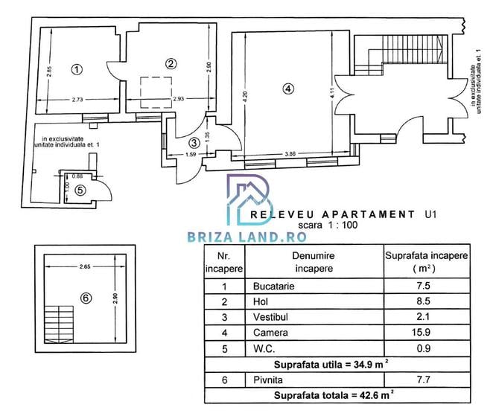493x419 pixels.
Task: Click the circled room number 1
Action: (76, 69)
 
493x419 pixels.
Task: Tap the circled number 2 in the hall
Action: (171, 63)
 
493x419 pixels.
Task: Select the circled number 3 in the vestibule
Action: (194, 142)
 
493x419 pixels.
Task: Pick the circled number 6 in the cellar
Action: (86, 298)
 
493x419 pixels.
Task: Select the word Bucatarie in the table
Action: (270, 286)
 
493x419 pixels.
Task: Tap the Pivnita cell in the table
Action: (266, 380)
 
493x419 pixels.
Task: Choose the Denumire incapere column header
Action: (313, 262)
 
